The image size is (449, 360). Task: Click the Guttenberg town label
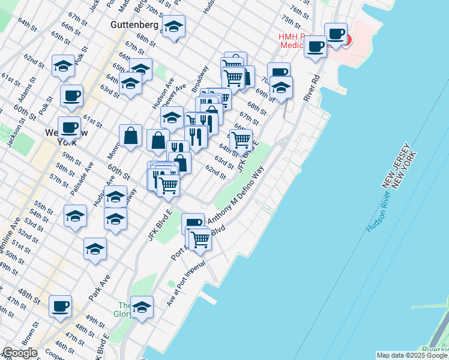[134, 25]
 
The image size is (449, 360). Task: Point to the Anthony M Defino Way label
[237, 196]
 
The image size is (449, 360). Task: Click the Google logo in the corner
[20, 353]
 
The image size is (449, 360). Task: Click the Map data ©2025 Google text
[412, 355]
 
